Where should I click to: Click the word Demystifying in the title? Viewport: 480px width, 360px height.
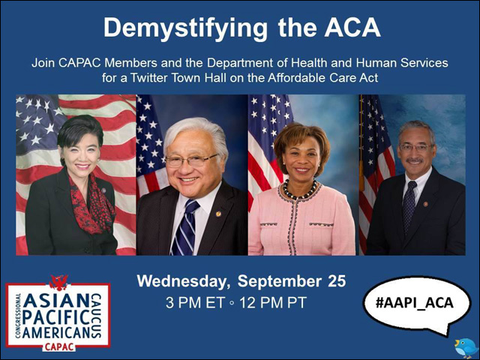coord(185,28)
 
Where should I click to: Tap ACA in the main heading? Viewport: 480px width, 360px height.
coord(352,28)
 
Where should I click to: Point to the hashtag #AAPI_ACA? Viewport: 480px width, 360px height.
coord(415,302)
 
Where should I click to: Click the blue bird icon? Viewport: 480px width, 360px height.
coord(466,348)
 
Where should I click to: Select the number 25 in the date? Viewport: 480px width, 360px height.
coord(337,281)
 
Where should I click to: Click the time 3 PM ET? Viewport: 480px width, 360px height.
coord(195,303)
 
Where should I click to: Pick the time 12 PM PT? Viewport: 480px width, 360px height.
coord(273,303)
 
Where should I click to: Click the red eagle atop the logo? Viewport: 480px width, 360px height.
coord(58,282)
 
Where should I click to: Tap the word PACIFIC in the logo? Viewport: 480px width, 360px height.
coord(56,317)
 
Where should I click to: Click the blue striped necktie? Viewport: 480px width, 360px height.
coord(184,227)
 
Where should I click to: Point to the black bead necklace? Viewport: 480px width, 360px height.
coord(300,190)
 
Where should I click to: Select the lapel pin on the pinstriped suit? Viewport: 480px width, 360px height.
coord(218,214)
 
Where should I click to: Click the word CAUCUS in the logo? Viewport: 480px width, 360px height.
coord(97,316)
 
